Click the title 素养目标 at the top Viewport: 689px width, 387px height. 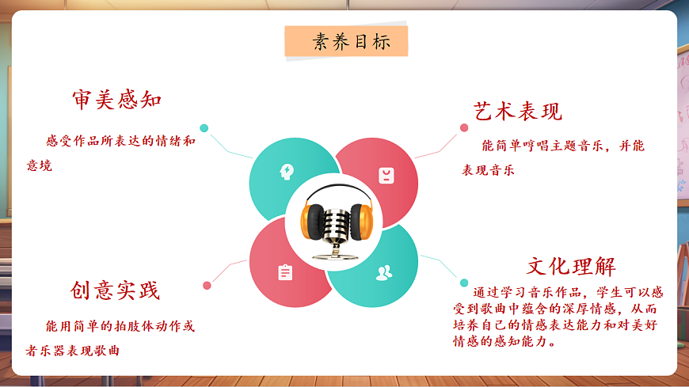click(346, 42)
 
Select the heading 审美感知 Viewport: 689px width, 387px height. click(116, 100)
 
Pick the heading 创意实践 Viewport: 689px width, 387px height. click(115, 290)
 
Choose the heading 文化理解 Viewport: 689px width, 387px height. click(571, 266)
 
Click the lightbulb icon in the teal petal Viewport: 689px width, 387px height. click(285, 171)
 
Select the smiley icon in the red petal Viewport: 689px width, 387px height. click(386, 175)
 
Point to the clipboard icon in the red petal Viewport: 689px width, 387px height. click(285, 272)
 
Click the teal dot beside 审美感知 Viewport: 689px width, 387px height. click(204, 128)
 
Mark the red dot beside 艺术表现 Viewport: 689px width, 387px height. click(464, 127)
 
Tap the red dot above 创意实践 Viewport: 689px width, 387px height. click(207, 285)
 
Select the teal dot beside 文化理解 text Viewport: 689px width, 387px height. click(464, 283)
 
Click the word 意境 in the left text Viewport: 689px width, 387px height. click(40, 166)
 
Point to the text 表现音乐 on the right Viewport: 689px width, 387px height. click(489, 170)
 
